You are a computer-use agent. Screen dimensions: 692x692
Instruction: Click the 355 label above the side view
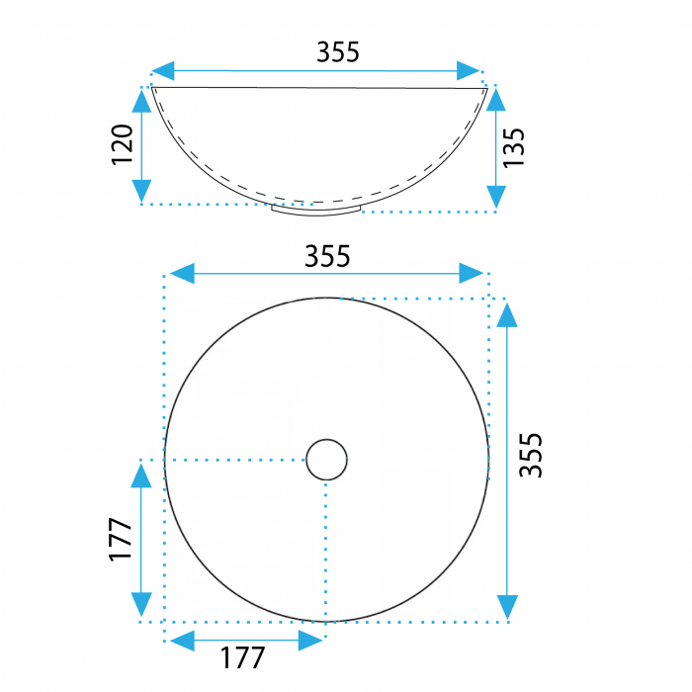point(338,52)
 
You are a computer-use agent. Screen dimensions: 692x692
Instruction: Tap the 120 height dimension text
point(123,144)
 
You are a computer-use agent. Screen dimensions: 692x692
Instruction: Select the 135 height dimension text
point(514,148)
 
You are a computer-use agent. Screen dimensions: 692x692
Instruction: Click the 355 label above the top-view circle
point(327,256)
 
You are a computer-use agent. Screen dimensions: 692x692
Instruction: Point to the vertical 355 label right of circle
point(531,455)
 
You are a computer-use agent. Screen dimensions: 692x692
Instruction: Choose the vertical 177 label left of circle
point(120,540)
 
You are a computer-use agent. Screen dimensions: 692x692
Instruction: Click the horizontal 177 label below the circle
point(242,657)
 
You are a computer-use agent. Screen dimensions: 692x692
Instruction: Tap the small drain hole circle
point(326,460)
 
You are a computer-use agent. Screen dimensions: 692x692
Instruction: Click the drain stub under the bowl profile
point(316,210)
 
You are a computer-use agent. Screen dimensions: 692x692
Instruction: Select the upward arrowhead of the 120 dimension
point(141,100)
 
